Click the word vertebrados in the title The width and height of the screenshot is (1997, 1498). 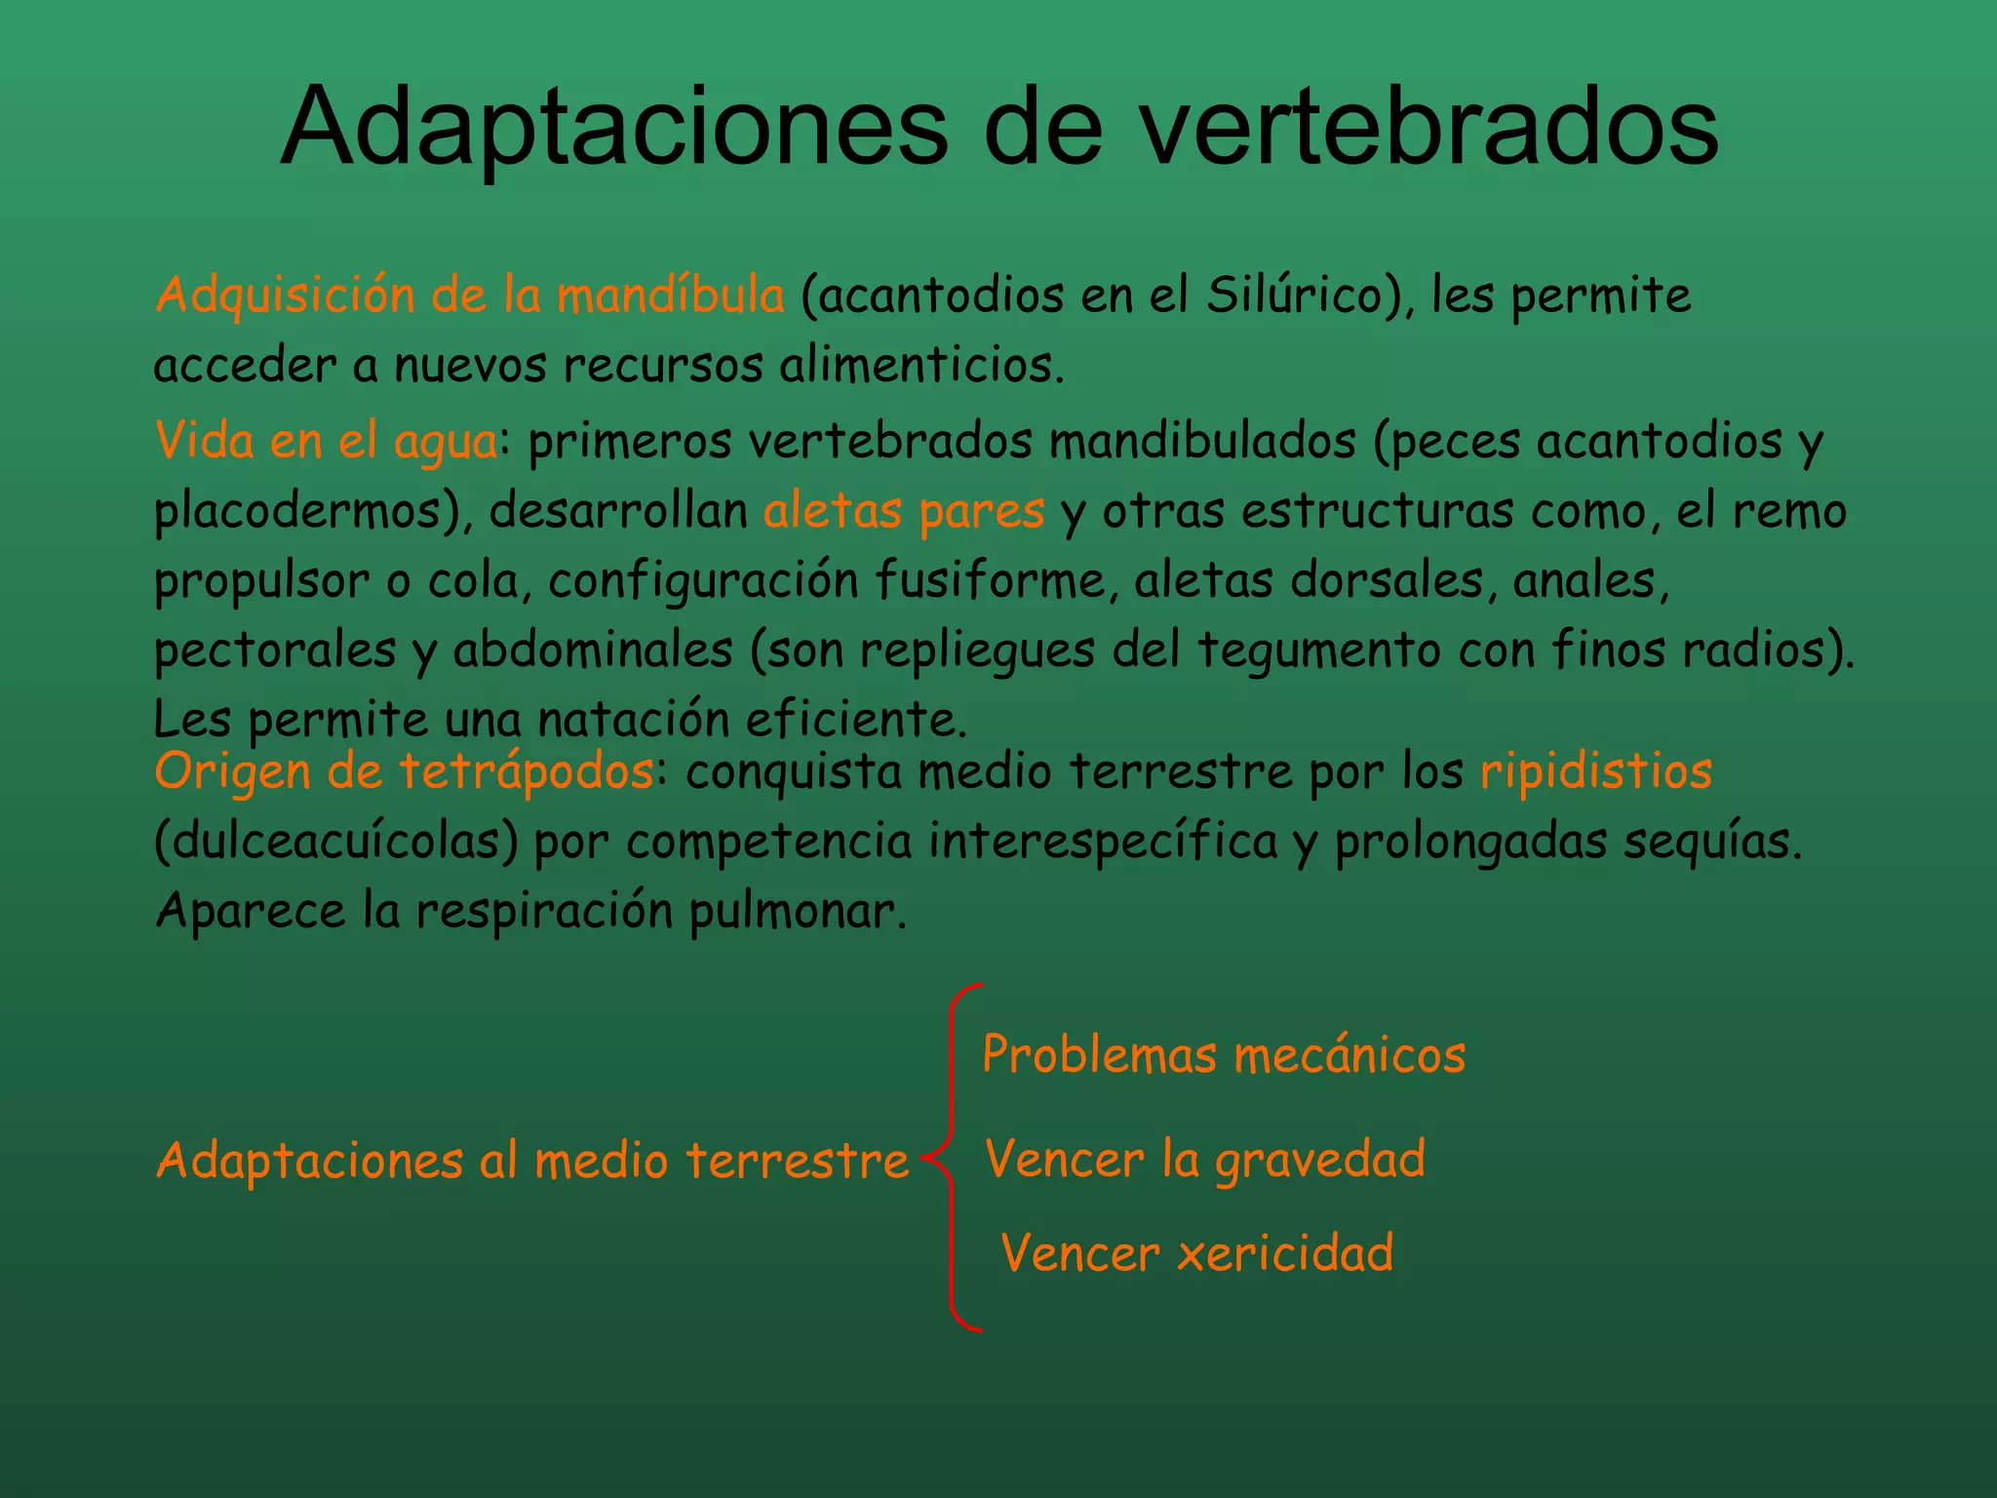pos(1429,127)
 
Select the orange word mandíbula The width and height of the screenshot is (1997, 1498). pos(670,295)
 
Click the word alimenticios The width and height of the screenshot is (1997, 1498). pos(921,366)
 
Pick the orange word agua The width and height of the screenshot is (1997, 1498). pos(446,442)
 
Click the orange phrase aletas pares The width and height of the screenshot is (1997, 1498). pos(903,511)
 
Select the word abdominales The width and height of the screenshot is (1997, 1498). pos(593,650)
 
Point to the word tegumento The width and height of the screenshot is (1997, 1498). pos(1318,650)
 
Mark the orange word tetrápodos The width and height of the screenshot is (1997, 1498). pos(527,771)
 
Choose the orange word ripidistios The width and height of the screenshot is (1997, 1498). pos(1595,771)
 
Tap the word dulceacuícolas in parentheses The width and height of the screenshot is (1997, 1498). pos(337,841)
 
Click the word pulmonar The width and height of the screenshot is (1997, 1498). pos(798,911)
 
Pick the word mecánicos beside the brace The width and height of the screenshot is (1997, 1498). pos(1350,1055)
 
